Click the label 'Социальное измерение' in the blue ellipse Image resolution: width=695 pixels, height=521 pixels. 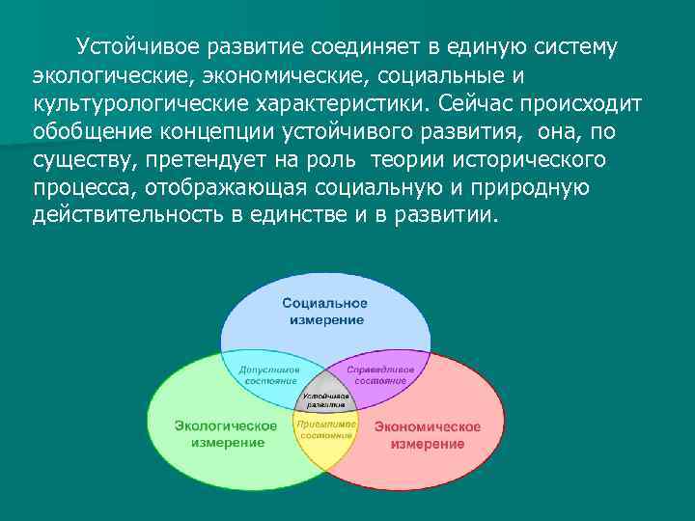(x=324, y=312)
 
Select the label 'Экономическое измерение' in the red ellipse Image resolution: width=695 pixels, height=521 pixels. (x=427, y=435)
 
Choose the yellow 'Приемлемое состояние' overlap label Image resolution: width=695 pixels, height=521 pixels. (x=325, y=429)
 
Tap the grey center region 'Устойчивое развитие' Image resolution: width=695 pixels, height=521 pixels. (x=325, y=401)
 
